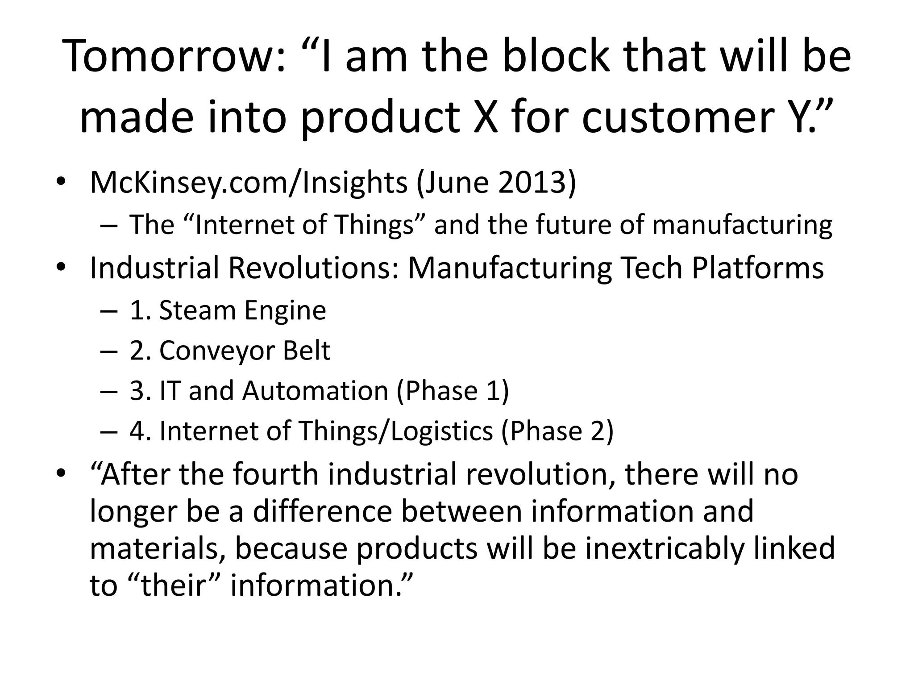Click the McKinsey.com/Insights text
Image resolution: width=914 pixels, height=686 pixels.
point(249,183)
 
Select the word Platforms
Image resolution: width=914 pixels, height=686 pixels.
point(757,268)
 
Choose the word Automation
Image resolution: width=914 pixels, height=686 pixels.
point(315,391)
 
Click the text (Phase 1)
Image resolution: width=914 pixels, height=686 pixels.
point(453,391)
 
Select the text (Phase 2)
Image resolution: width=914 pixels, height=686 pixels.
point(557,431)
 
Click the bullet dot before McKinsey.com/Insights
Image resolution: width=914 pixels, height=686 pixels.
point(61,183)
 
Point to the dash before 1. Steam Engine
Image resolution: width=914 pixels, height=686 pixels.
point(109,311)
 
